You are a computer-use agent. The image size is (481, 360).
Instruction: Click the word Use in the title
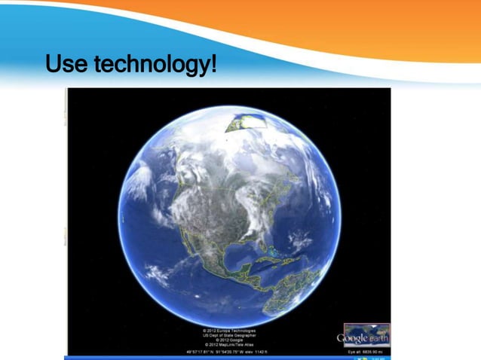(66, 64)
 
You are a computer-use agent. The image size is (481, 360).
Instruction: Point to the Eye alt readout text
(366, 350)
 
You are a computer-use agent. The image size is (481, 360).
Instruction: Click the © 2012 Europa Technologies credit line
(228, 331)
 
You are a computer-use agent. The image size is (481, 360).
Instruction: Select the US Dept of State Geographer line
(228, 335)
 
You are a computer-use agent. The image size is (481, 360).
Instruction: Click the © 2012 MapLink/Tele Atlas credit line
(228, 345)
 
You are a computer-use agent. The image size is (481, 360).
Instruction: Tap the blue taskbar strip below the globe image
(226, 357)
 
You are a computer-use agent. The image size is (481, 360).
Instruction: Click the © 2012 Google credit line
(228, 340)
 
